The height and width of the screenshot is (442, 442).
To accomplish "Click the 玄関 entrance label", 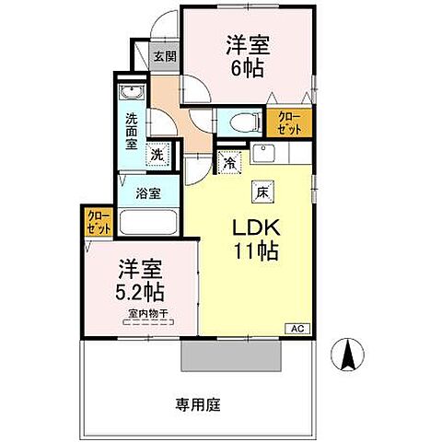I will coord(162,57).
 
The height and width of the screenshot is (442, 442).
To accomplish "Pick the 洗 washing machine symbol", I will coord(158,156).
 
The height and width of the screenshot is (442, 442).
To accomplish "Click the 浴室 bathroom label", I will coord(149,194).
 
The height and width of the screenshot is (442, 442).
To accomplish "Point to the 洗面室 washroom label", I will coord(132,131).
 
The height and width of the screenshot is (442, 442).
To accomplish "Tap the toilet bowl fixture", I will coord(244,121).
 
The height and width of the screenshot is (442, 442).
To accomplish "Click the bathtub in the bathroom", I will coord(149,224).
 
